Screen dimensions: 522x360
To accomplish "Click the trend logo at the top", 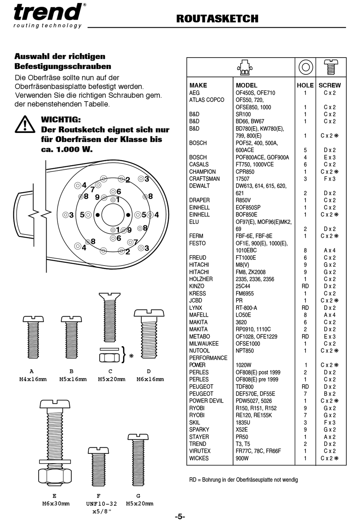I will click(48, 13).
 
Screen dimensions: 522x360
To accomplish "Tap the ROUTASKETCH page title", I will click(217, 19).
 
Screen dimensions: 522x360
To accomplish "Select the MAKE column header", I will click(198, 85).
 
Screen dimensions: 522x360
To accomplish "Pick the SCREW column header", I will click(329, 85).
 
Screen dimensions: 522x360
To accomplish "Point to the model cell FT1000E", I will click(246, 258).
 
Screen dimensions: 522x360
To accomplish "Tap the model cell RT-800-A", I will click(246, 308).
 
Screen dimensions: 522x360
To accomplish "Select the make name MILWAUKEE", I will click(204, 344).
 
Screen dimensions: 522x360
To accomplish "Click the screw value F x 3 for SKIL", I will click(329, 422).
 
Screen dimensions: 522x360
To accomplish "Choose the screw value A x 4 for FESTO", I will click(329, 250).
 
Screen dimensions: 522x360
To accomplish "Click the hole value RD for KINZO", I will click(305, 286).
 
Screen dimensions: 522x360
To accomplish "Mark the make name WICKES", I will click(199, 458).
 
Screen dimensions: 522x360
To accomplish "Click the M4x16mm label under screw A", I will click(33, 379).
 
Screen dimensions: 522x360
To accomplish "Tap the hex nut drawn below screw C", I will click(110, 357).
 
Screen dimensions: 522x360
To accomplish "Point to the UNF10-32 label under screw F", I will click(101, 504).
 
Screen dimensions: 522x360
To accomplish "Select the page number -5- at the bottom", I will click(180, 516).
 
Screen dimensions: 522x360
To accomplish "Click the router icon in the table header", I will click(245, 67).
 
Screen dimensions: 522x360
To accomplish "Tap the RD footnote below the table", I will click(243, 480).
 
